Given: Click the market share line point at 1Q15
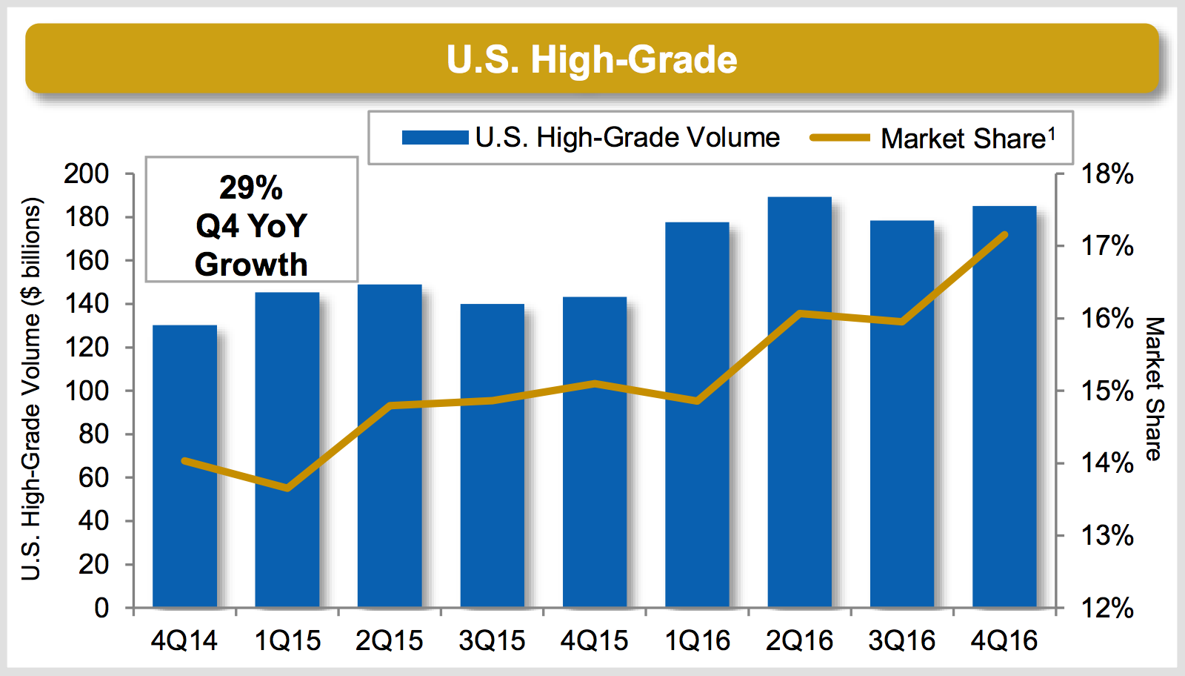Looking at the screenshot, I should (x=287, y=488).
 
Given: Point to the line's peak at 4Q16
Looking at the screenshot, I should (x=1005, y=234).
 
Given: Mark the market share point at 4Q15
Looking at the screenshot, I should (x=595, y=383).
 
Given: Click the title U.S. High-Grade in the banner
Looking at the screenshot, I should (x=592, y=59).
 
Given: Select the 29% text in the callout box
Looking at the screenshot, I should (x=251, y=188).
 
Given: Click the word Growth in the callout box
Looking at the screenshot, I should (x=251, y=265).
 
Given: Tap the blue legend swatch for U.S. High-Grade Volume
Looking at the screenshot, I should (x=435, y=138).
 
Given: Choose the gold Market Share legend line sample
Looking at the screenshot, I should (x=839, y=138).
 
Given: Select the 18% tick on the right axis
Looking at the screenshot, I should (x=1106, y=174).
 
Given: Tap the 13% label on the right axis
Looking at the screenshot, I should (x=1106, y=535).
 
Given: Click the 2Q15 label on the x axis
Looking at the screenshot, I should (x=389, y=641).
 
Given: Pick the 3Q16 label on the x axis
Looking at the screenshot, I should (x=901, y=641).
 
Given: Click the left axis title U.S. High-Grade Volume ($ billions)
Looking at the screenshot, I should (x=31, y=389).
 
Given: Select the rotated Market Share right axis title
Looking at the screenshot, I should (x=1154, y=389).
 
